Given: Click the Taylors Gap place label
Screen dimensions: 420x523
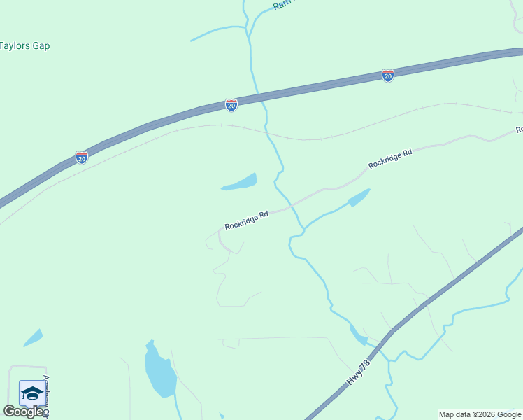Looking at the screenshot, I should point(25,46).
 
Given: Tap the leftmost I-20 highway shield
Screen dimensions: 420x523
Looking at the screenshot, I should point(82,157).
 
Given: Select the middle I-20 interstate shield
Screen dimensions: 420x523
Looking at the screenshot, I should point(231,104).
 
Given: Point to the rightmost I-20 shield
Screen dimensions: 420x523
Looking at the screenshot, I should point(388,75).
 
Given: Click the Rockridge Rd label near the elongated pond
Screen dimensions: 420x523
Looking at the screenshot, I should point(247,221).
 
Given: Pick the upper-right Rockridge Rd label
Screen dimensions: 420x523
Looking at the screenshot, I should point(390,158).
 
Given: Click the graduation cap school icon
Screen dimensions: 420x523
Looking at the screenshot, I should point(32,393).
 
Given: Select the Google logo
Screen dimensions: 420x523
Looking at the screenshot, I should point(23,412).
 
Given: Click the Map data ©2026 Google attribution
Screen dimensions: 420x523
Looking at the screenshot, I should point(480,414).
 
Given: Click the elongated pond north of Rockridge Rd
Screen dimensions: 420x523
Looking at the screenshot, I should point(240,183).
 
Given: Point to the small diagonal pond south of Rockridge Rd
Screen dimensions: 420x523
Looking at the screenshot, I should point(359,197).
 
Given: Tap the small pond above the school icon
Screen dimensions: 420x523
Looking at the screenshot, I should point(32,337).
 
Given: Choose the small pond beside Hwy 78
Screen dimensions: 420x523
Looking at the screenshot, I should point(358,335).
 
